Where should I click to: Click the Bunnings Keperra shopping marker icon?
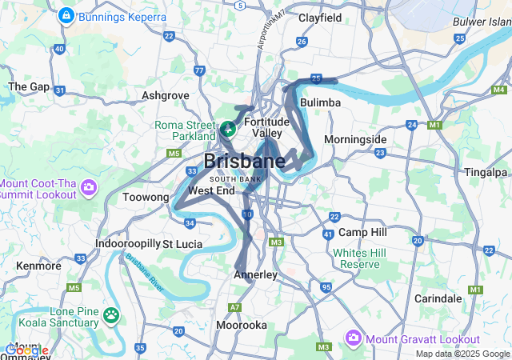pyautogui.click(x=66, y=15)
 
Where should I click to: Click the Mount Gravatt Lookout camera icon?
pyautogui.click(x=353, y=339)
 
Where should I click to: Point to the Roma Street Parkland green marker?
pyautogui.click(x=227, y=128)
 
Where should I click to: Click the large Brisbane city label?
pyautogui.click(x=244, y=161)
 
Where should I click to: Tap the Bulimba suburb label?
pyautogui.click(x=320, y=103)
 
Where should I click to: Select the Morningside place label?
pyautogui.click(x=355, y=139)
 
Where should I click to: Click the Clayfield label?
pyautogui.click(x=320, y=18)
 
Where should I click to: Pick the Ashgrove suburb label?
pyautogui.click(x=165, y=95)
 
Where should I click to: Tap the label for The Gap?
pyautogui.click(x=29, y=86)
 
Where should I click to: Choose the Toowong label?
pyautogui.click(x=146, y=197)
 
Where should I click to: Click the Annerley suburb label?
pyautogui.click(x=254, y=274)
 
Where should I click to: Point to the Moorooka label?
pyautogui.click(x=241, y=325)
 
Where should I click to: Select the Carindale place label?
pyautogui.click(x=438, y=298)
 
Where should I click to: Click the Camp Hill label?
pyautogui.click(x=362, y=232)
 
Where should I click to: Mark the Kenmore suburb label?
pyautogui.click(x=38, y=265)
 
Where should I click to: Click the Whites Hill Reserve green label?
pyautogui.click(x=356, y=258)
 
